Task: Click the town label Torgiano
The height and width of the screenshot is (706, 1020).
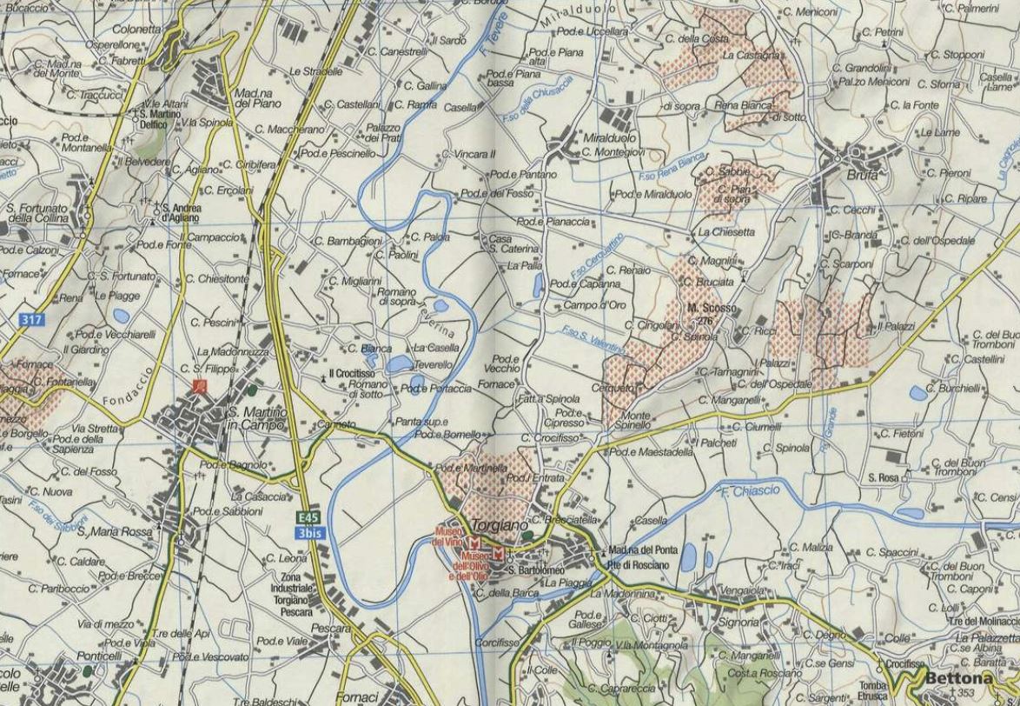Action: (501, 526)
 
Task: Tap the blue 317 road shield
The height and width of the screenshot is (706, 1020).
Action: (30, 320)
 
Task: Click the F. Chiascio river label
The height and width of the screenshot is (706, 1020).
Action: (751, 492)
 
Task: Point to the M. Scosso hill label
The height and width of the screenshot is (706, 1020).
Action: (712, 308)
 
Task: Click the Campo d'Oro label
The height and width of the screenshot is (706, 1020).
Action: (594, 305)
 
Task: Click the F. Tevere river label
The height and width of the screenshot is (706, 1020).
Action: (492, 42)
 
